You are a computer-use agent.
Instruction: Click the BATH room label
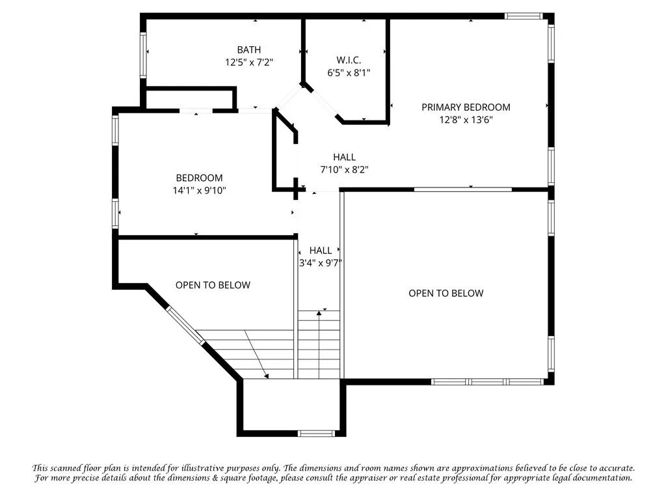(x=249, y=49)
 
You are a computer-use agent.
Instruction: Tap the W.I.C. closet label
(x=349, y=60)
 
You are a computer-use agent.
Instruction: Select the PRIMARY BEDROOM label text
(x=466, y=107)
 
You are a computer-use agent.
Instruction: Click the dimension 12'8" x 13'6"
(x=466, y=120)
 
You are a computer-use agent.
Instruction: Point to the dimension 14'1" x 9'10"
(x=199, y=191)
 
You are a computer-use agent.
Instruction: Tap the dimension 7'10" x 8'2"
(x=344, y=170)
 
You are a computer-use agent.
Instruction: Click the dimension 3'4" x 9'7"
(x=321, y=263)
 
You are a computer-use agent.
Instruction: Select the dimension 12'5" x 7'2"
(x=249, y=62)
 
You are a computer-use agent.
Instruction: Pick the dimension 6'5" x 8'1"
(x=349, y=73)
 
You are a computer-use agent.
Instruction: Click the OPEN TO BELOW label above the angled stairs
(x=213, y=285)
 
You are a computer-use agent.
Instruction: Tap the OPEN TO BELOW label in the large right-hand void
(x=446, y=294)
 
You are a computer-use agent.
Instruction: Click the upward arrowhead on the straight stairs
(x=319, y=313)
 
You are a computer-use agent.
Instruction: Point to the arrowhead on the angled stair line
(x=266, y=376)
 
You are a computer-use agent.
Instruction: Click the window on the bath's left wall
(x=143, y=55)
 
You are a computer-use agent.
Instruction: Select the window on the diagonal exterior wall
(x=185, y=326)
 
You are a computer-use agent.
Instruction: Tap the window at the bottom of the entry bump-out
(x=316, y=433)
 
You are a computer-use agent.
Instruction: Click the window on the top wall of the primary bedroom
(x=524, y=16)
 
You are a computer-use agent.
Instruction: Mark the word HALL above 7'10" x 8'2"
(x=344, y=158)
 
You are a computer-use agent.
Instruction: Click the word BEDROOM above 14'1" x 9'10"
(x=199, y=178)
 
